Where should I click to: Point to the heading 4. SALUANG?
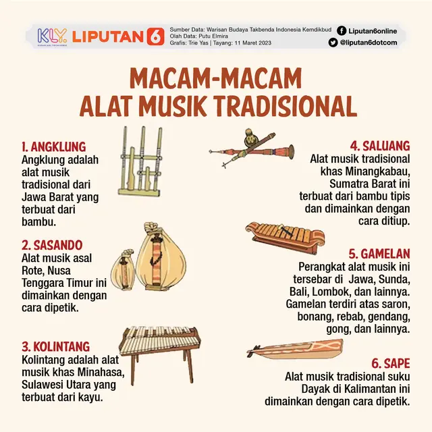(x=379, y=146)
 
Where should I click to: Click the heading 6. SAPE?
(x=391, y=361)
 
